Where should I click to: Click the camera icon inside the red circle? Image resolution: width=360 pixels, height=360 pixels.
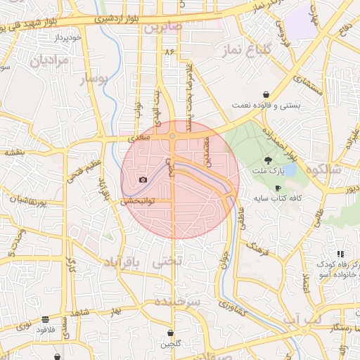point(143,180)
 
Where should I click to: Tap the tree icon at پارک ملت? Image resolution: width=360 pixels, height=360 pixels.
point(266,160)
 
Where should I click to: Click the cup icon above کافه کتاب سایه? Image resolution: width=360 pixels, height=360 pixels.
point(278,188)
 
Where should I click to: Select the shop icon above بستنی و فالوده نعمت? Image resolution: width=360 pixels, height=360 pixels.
point(266,94)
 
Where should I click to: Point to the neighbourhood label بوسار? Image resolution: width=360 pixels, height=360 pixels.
point(94,79)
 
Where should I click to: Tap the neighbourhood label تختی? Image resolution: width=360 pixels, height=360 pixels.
point(167,261)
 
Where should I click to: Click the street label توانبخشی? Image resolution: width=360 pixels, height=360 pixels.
point(138,200)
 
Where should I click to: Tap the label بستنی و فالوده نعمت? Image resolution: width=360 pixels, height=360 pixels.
point(266,105)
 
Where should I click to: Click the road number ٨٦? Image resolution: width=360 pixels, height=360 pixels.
point(169,52)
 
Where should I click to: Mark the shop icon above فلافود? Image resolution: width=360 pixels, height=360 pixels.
point(46,319)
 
